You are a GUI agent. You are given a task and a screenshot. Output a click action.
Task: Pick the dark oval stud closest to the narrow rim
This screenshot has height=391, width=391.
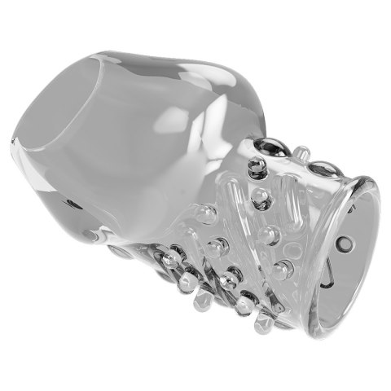click(324, 169)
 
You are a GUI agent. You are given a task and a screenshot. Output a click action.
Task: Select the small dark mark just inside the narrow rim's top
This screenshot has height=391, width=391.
click(352, 209)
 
